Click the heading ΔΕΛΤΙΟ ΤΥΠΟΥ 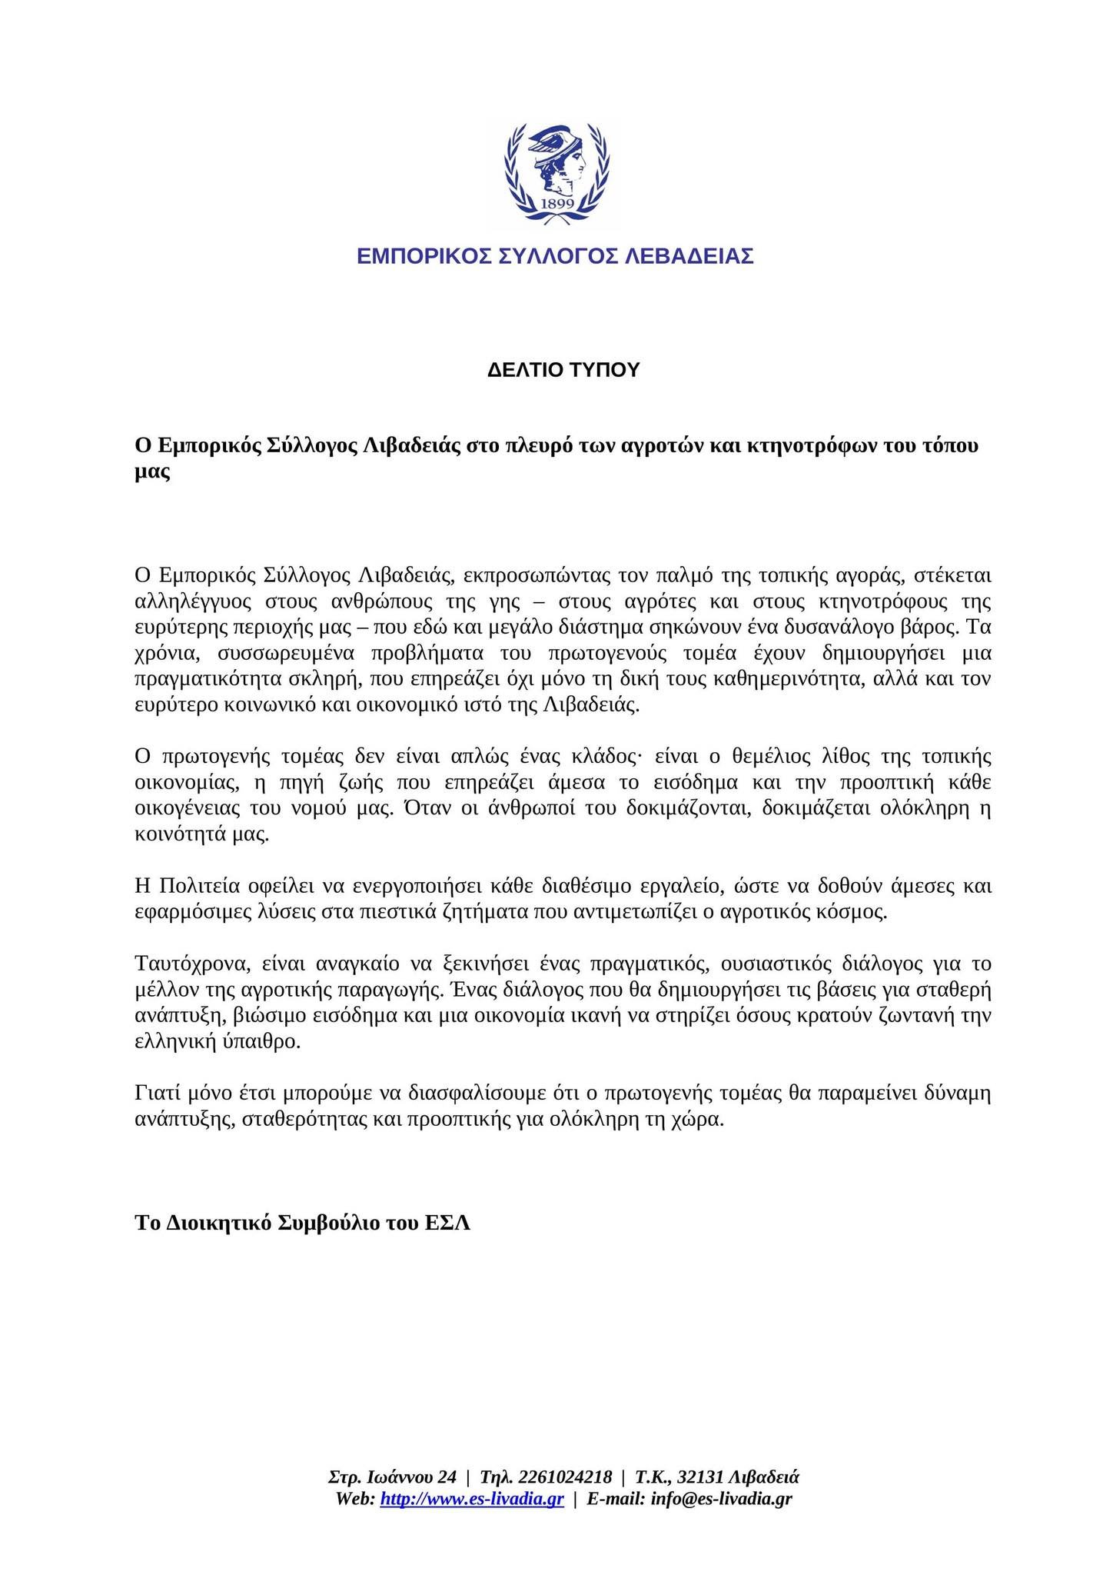[563, 371]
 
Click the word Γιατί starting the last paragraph [154, 1094]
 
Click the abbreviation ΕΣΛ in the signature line [447, 1224]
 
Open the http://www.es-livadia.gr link [472, 1499]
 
